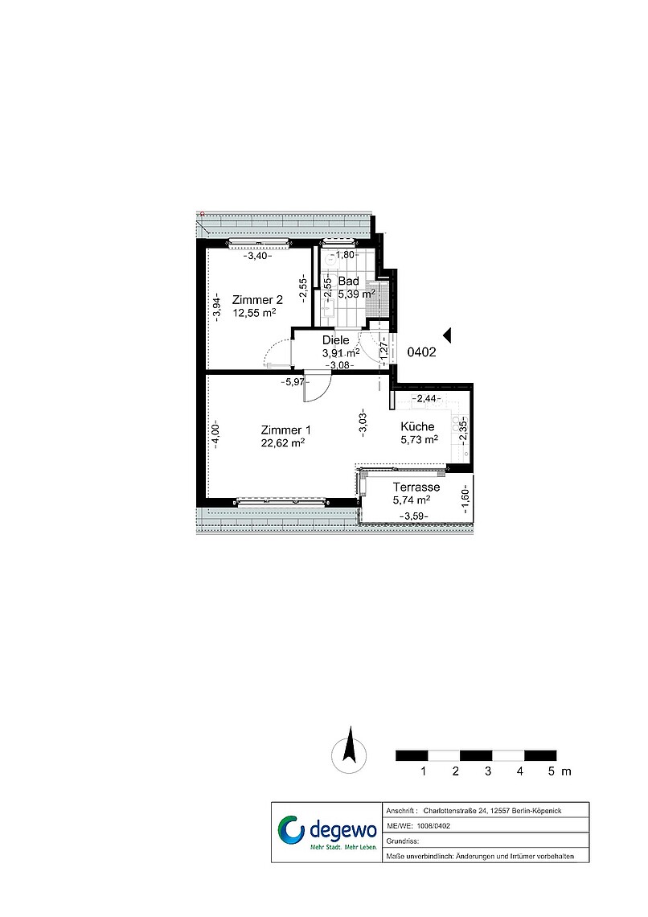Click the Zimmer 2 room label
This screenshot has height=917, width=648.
257,300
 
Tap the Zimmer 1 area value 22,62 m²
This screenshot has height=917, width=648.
283,442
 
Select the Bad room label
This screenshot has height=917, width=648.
348,282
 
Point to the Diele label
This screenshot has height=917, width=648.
336,340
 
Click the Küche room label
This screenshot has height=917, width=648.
418,426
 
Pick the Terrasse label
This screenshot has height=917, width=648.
416,487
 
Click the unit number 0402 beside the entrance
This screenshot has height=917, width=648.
421,352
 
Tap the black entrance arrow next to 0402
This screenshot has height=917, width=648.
447,335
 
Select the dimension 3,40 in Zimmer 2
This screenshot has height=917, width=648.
258,256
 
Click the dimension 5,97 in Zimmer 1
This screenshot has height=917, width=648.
293,382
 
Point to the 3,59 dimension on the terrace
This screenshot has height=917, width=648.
414,516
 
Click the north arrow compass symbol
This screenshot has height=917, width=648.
350,751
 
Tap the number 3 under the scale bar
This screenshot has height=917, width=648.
488,771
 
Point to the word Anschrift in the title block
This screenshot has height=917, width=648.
400,811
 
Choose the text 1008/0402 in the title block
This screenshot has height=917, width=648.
433,826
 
